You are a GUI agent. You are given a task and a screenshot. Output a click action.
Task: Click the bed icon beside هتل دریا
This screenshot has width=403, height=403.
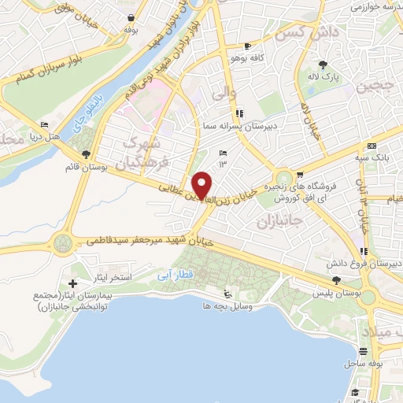(45, 124)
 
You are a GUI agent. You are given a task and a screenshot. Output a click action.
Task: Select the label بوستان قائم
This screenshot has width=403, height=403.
(86, 166)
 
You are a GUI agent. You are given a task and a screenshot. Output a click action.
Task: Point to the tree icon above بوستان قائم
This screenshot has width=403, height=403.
(86, 153)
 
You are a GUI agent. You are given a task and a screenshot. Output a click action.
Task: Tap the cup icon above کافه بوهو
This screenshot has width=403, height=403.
(249, 46)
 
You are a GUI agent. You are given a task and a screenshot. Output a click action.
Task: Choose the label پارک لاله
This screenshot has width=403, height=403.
(323, 77)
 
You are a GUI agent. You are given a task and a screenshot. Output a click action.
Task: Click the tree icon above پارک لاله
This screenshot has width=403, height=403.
(323, 65)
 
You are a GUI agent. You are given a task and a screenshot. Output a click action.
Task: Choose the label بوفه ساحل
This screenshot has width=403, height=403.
(362, 364)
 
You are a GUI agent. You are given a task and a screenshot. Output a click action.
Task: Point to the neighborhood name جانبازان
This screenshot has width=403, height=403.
(279, 223)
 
